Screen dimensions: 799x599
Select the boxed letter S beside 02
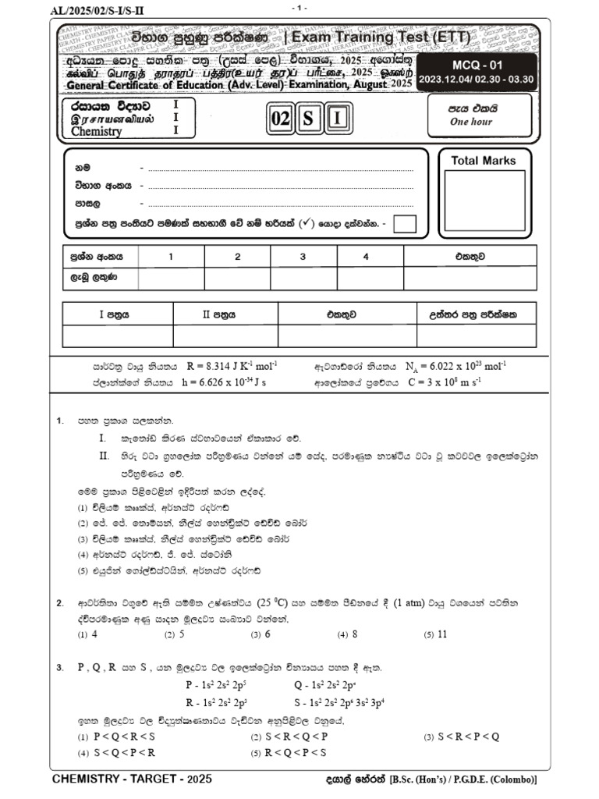tap(309, 119)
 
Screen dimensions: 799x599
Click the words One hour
tap(471, 123)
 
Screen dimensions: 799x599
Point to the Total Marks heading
tap(484, 161)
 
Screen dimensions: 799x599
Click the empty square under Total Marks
tap(484, 201)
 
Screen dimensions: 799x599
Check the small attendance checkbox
tap(405, 224)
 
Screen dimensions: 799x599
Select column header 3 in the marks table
tap(303, 256)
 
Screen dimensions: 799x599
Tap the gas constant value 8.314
tap(222, 365)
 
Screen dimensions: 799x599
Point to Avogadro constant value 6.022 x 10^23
tap(455, 365)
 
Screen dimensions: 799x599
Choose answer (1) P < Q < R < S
tap(116, 737)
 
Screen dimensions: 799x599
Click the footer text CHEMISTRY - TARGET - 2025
tap(131, 779)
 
